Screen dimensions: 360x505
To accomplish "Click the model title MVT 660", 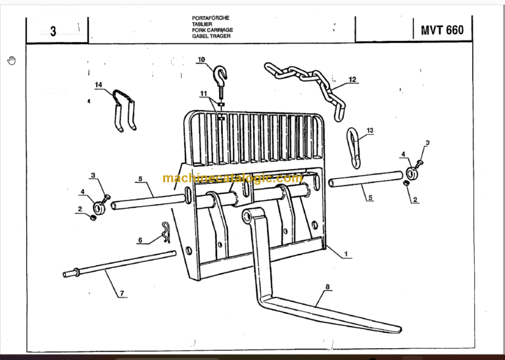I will click(x=437, y=30).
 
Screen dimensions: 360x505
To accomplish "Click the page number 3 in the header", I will click(x=53, y=32).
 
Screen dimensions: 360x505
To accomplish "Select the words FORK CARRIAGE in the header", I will click(x=212, y=30).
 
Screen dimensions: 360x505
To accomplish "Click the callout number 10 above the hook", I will click(x=201, y=60).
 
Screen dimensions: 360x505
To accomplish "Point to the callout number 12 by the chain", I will click(x=352, y=80).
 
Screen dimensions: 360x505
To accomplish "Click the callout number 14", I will click(x=99, y=85).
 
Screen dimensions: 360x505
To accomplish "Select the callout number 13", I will click(x=369, y=131).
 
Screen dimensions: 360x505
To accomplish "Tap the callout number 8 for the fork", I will click(x=327, y=286).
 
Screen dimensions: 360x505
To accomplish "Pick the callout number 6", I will click(x=139, y=240).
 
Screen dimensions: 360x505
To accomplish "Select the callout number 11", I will click(x=204, y=93).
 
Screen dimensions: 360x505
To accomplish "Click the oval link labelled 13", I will click(x=355, y=148).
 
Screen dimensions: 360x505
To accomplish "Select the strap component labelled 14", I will click(x=124, y=109).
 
